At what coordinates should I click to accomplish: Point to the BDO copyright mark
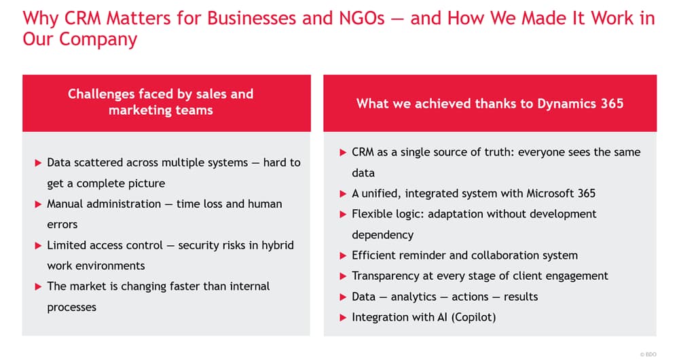tap(648, 355)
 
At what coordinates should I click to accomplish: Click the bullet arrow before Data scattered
tap(38, 163)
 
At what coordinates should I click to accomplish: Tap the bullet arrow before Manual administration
tap(38, 204)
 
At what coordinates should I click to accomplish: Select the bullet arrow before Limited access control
tap(38, 246)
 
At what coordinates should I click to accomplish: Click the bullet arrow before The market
tap(38, 287)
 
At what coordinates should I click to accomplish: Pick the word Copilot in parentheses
tap(473, 317)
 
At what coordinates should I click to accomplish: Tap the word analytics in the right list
tap(414, 298)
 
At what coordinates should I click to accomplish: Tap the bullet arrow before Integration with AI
tap(343, 318)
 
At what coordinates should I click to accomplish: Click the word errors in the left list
tap(62, 225)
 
